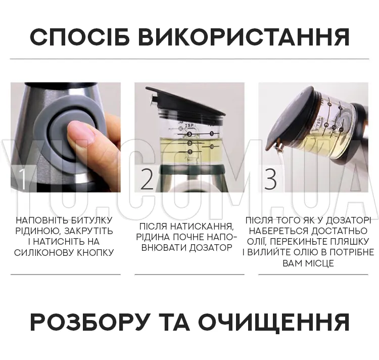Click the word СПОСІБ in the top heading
(80, 37)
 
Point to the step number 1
(22, 179)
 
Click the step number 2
(147, 179)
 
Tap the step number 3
(270, 179)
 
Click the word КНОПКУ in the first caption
(95, 253)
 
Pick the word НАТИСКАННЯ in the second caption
(202, 227)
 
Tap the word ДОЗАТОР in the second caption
(211, 248)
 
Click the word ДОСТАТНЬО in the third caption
(340, 231)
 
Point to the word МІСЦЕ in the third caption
(319, 263)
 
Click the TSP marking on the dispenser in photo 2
(189, 126)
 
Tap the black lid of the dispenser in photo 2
(185, 101)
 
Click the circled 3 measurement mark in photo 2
(189, 134)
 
